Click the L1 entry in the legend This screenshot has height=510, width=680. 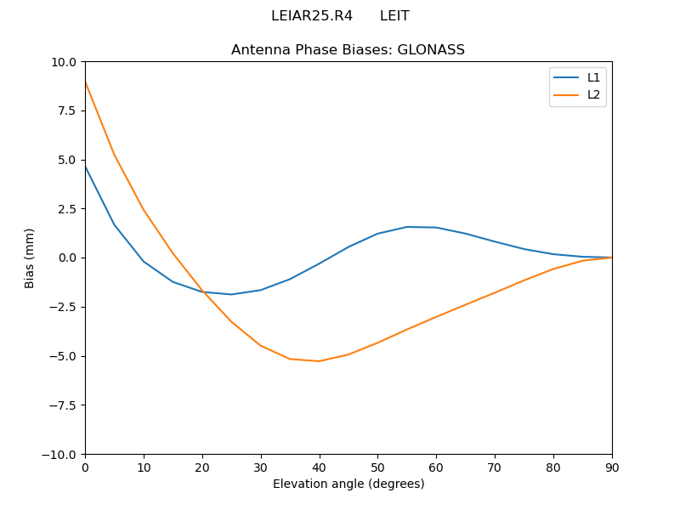point(593,77)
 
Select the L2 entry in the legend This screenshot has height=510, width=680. point(593,94)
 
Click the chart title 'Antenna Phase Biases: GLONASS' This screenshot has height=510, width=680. point(348,50)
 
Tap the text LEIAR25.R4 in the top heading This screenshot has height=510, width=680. point(312,16)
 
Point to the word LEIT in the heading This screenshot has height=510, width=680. point(394,16)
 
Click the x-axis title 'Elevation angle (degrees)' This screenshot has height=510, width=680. point(348,484)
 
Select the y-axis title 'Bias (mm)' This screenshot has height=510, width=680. point(30,258)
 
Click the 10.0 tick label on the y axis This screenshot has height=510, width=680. point(63,62)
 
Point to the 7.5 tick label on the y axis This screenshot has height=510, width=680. point(66,110)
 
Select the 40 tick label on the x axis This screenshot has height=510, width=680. point(319,467)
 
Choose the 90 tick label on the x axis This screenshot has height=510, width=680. point(612,467)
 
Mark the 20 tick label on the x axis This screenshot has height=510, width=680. point(202,467)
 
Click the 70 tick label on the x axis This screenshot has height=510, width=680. point(495,467)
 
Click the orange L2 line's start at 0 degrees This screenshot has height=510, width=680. point(85,82)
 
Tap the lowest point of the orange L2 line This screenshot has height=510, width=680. point(319,361)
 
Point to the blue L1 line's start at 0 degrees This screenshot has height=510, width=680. point(85,166)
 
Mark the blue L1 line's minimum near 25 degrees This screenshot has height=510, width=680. point(231,294)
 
